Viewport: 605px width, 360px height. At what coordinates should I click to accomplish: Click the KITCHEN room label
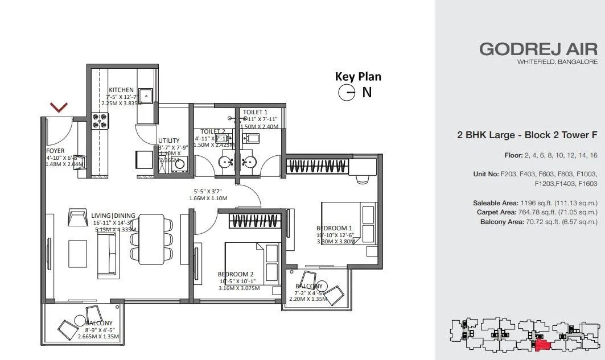pos(121,90)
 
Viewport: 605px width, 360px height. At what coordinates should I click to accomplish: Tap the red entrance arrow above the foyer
pos(59,107)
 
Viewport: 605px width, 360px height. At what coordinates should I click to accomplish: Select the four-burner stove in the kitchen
pos(101,120)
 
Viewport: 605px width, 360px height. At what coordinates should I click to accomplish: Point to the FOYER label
pos(56,151)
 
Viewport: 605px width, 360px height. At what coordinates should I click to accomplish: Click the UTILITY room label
pos(170,140)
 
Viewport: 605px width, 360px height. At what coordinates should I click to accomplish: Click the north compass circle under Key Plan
pos(346,93)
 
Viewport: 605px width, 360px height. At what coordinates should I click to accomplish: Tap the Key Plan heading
pos(358,76)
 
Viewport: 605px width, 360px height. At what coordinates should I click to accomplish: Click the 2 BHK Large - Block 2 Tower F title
pos(527,135)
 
